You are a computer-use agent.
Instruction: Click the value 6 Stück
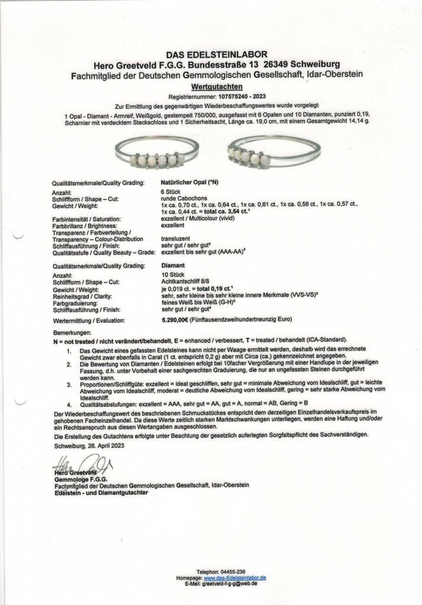(x=171, y=193)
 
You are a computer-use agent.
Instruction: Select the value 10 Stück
(x=172, y=275)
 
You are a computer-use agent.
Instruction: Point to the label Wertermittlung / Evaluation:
(x=89, y=320)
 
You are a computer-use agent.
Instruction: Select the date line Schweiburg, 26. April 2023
(x=89, y=445)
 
